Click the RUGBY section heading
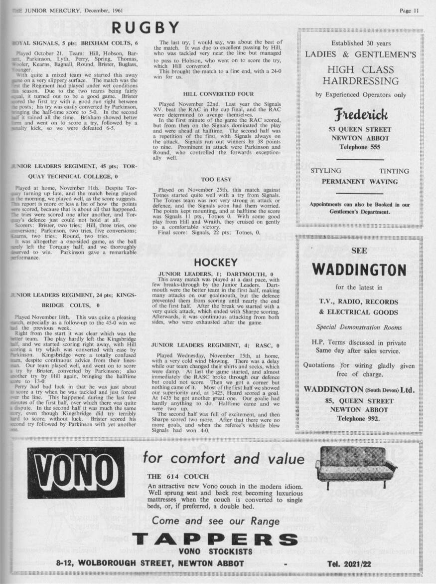pyautogui.click(x=145, y=28)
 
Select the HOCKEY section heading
pyautogui.click(x=215, y=262)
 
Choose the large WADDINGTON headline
pyautogui.click(x=359, y=270)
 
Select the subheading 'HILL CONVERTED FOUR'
pyautogui.click(x=218, y=94)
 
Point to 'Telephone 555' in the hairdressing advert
pyautogui.click(x=361, y=147)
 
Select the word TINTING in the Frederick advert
pyautogui.click(x=394, y=171)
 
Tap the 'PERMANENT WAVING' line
pyautogui.click(x=360, y=182)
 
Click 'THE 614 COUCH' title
pyautogui.click(x=178, y=477)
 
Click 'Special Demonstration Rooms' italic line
pyautogui.click(x=359, y=327)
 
